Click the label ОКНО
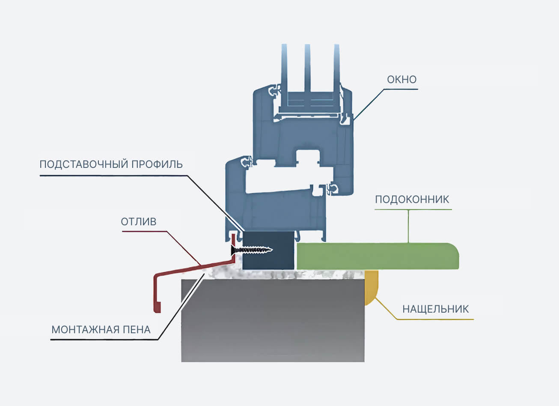tap(402, 79)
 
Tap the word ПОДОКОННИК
tap(412, 200)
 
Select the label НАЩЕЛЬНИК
tap(435, 309)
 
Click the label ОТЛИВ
tap(139, 222)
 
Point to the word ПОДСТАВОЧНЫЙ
tap(83, 164)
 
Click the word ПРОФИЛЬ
tap(157, 164)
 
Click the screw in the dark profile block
tap(252, 250)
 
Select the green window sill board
tap(378, 256)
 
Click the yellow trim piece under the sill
tap(371, 287)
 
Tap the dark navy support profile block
tap(268, 251)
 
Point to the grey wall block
tap(273, 320)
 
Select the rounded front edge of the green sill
tap(455, 256)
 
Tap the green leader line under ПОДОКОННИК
tap(408, 226)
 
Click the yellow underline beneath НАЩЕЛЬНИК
tap(434, 319)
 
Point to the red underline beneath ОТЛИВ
tap(144, 231)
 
